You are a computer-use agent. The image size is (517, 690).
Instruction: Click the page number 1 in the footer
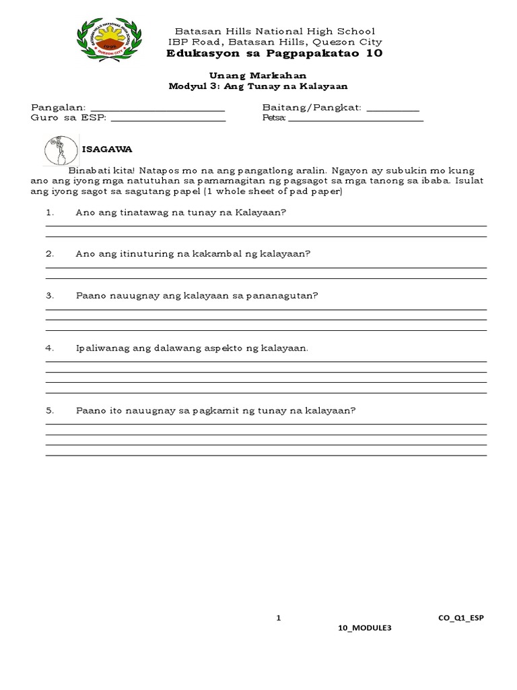278,616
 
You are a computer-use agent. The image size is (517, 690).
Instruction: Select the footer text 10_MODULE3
364,628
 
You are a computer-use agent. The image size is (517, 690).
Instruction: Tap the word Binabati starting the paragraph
90,171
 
